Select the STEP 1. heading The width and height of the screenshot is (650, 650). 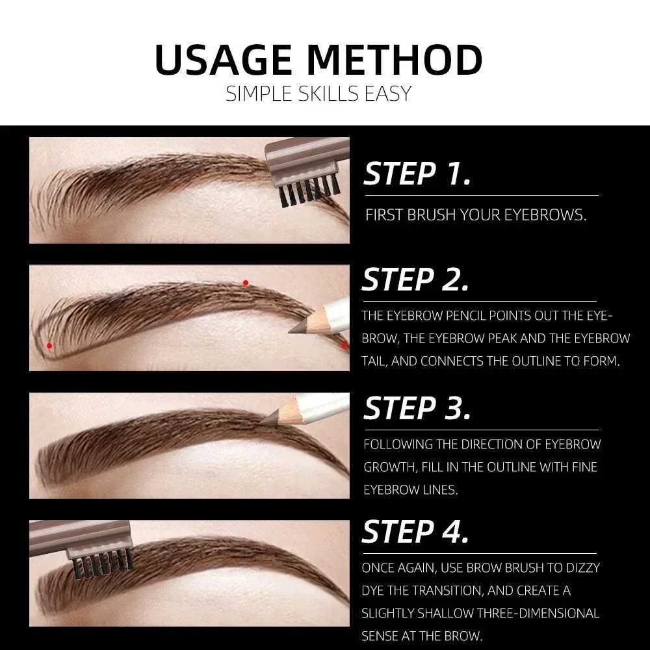coord(417,174)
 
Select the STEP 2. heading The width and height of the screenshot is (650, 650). coord(415,280)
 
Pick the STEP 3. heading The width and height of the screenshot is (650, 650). coord(417,408)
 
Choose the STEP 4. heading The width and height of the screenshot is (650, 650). coord(415,532)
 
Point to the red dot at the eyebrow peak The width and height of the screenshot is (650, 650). coord(246,283)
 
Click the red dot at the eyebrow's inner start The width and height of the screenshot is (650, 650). coord(49,346)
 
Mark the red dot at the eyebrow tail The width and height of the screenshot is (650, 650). coord(344,346)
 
